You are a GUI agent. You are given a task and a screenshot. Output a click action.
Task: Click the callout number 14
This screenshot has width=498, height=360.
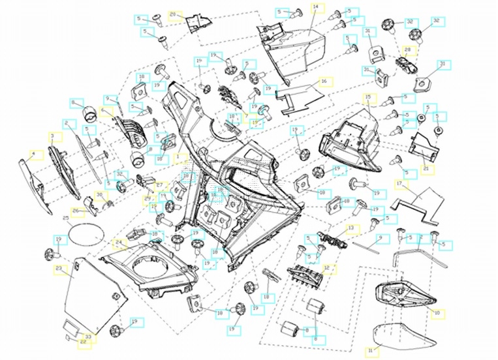click(317, 7)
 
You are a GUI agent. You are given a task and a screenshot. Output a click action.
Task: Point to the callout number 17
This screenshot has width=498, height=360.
click(399, 185)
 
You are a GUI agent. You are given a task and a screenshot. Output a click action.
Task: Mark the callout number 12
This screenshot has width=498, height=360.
click(328, 268)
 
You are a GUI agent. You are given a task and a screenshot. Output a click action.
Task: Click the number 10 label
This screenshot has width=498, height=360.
click(437, 314)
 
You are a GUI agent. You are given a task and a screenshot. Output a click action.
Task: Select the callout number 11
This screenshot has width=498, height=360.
click(371, 351)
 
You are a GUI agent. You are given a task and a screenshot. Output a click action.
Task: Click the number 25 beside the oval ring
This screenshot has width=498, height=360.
click(66, 218)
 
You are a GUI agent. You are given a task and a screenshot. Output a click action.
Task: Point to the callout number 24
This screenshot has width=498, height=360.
click(119, 244)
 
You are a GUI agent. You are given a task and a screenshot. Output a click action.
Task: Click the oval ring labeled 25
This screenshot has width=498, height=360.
click(86, 232)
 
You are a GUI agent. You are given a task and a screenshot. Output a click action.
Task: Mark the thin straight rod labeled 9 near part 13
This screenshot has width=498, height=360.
click(369, 242)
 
